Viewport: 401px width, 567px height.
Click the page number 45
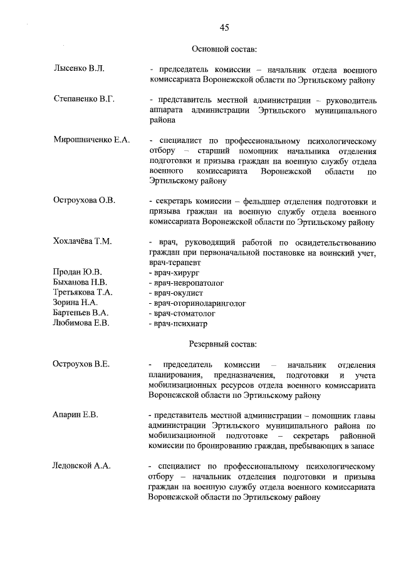pos(224,27)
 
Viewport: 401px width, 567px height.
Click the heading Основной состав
pos(224,49)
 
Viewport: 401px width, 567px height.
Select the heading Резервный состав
pos(223,343)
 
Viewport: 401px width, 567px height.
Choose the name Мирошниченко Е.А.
pos(92,140)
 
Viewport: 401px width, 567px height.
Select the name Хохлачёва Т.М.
pos(83,242)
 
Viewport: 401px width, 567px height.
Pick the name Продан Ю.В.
pos(78,272)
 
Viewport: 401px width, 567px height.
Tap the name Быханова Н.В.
pos(81,283)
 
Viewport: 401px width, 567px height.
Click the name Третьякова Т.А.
pos(83,293)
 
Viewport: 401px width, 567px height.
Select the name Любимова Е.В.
pos(82,323)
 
